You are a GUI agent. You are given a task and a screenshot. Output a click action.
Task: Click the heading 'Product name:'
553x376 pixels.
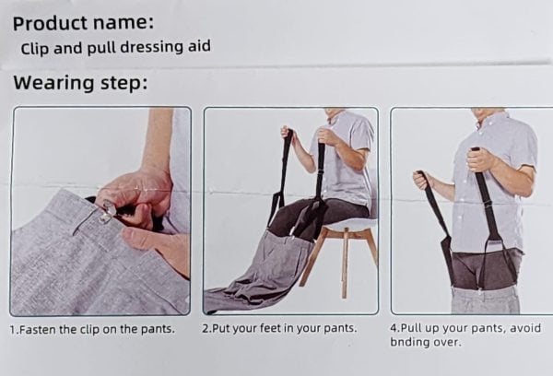(83, 23)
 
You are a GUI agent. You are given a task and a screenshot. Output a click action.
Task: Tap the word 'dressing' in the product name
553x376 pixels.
(152, 48)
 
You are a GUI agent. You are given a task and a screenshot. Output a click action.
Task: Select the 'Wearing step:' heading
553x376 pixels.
(80, 84)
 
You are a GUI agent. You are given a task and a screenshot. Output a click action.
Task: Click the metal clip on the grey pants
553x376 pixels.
(107, 212)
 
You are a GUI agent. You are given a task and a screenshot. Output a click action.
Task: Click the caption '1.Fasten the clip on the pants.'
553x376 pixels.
(92, 329)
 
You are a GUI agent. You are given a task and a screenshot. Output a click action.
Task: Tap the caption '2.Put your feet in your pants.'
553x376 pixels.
(279, 328)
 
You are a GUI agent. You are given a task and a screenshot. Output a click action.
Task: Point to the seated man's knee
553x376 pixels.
(278, 215)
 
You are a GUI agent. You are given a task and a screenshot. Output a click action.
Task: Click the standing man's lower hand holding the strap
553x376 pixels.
(422, 181)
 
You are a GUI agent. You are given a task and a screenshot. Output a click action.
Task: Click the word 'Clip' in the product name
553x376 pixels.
(35, 49)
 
